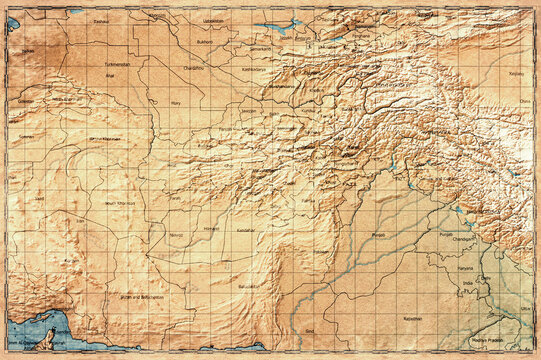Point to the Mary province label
point(176,102)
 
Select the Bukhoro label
point(204,43)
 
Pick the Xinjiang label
point(515,74)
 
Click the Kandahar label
point(246,230)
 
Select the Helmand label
point(211,228)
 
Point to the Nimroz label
point(177,235)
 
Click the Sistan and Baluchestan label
point(141,297)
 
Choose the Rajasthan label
point(413,318)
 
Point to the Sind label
point(309,329)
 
